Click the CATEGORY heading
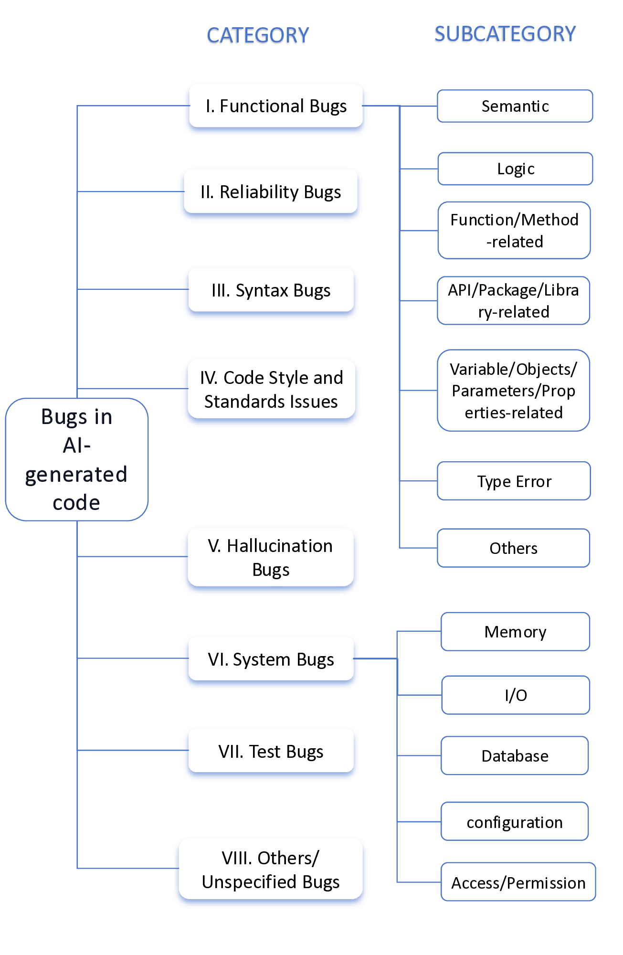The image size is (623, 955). pos(258,35)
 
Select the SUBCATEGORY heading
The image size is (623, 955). pos(505,34)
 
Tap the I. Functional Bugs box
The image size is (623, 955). pos(276,106)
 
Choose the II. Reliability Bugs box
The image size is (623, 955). pos(271,192)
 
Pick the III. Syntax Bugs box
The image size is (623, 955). pos(271,290)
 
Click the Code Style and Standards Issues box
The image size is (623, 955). pos(271,389)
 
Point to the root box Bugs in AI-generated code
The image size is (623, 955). pos(76,459)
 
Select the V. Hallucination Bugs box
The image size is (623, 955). pos(271,557)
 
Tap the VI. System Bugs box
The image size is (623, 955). pos(271,659)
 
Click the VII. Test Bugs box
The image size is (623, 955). pos(271,751)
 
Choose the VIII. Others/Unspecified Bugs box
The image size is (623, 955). pos(271,869)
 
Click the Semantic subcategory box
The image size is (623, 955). pos(515,106)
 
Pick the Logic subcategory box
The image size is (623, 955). pos(515,169)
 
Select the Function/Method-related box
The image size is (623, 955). pos(514,230)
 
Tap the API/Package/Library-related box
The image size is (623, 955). pos(513,300)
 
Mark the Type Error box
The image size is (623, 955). pos(514,481)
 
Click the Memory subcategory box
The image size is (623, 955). pos(515,631)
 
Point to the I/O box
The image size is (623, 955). pos(516,695)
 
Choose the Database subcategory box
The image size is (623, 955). pos(515,755)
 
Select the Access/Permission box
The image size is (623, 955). pos(518,882)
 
